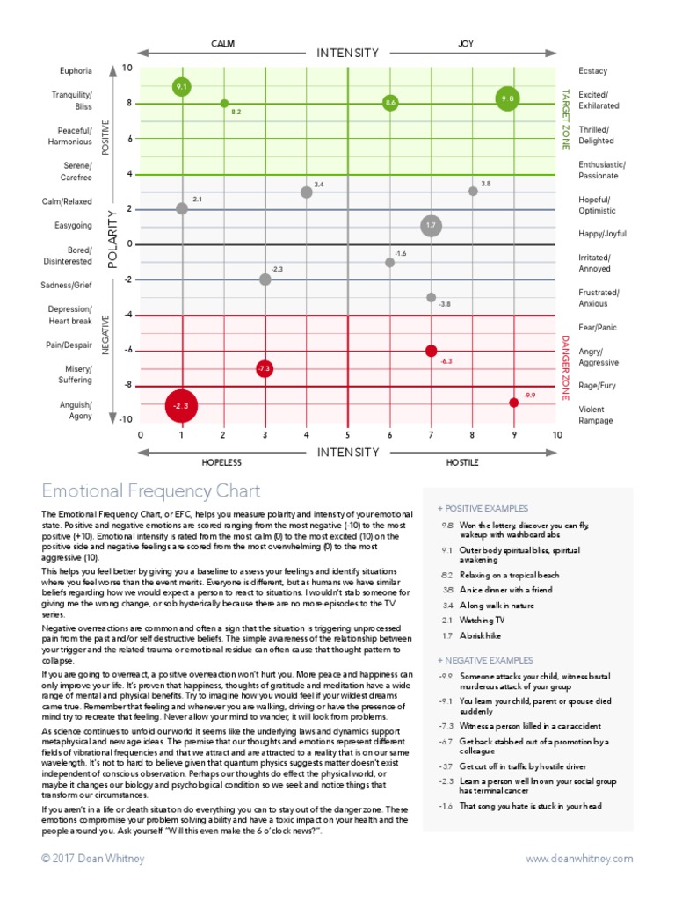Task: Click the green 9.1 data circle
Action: click(x=182, y=86)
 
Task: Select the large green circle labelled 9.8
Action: click(x=506, y=99)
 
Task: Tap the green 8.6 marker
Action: click(x=390, y=103)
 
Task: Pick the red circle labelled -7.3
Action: click(x=264, y=368)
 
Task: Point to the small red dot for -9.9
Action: click(x=513, y=403)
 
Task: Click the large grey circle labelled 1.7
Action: click(x=431, y=226)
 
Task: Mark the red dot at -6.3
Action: click(x=431, y=351)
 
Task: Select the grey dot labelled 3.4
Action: click(x=306, y=192)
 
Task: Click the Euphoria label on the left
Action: click(x=75, y=70)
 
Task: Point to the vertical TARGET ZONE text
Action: click(x=565, y=119)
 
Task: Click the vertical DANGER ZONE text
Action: click(x=565, y=366)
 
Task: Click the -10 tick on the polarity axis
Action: click(x=127, y=420)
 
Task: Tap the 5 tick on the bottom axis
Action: click(x=348, y=435)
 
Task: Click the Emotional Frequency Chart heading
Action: click(x=151, y=490)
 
